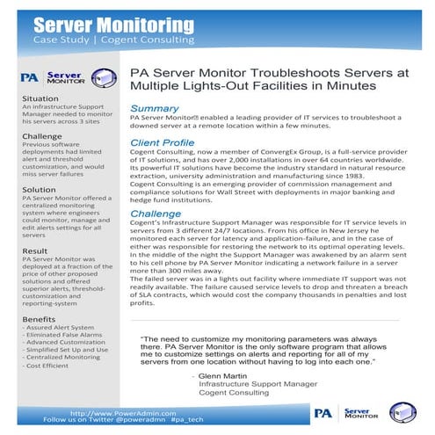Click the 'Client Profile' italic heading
(162, 142)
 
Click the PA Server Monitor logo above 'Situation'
(61, 79)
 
